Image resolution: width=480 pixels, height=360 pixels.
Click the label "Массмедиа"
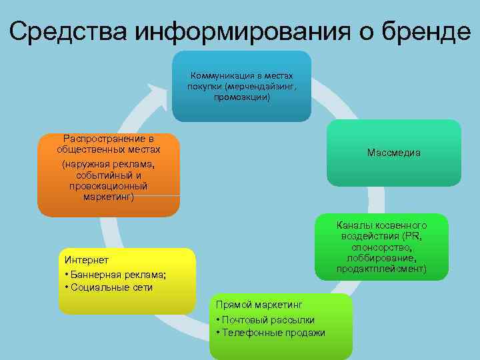[x=393, y=153]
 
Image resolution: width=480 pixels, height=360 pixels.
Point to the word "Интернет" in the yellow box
[x=83, y=259]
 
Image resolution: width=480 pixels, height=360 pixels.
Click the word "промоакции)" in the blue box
[x=242, y=97]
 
